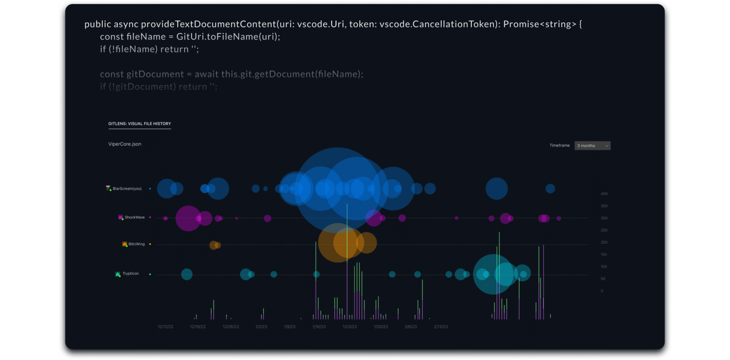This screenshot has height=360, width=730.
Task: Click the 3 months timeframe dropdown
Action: (592, 146)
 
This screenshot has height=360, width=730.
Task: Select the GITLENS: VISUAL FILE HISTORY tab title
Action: (140, 124)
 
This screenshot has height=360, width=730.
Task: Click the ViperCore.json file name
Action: (125, 144)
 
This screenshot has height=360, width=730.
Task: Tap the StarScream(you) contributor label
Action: (127, 189)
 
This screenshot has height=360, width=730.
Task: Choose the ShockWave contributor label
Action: (134, 217)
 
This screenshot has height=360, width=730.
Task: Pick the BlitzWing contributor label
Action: (137, 244)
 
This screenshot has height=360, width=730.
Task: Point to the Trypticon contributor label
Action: (130, 274)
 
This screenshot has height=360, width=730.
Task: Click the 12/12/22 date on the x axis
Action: (165, 327)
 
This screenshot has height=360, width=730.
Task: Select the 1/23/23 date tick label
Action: (350, 327)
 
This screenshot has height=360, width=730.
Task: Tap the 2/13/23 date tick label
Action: (441, 327)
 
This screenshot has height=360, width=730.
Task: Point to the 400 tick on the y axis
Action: (604, 194)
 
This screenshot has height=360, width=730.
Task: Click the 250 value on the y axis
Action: (604, 230)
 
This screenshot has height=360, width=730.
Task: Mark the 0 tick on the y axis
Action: (602, 291)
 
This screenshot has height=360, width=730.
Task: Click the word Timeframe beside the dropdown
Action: (560, 145)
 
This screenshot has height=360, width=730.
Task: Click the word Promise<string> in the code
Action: (540, 24)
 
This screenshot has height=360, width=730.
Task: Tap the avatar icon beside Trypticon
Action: (118, 274)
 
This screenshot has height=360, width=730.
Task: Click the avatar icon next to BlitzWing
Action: (124, 244)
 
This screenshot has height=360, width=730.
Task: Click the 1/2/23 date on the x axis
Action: (261, 327)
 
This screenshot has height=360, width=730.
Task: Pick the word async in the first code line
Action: (126, 24)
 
